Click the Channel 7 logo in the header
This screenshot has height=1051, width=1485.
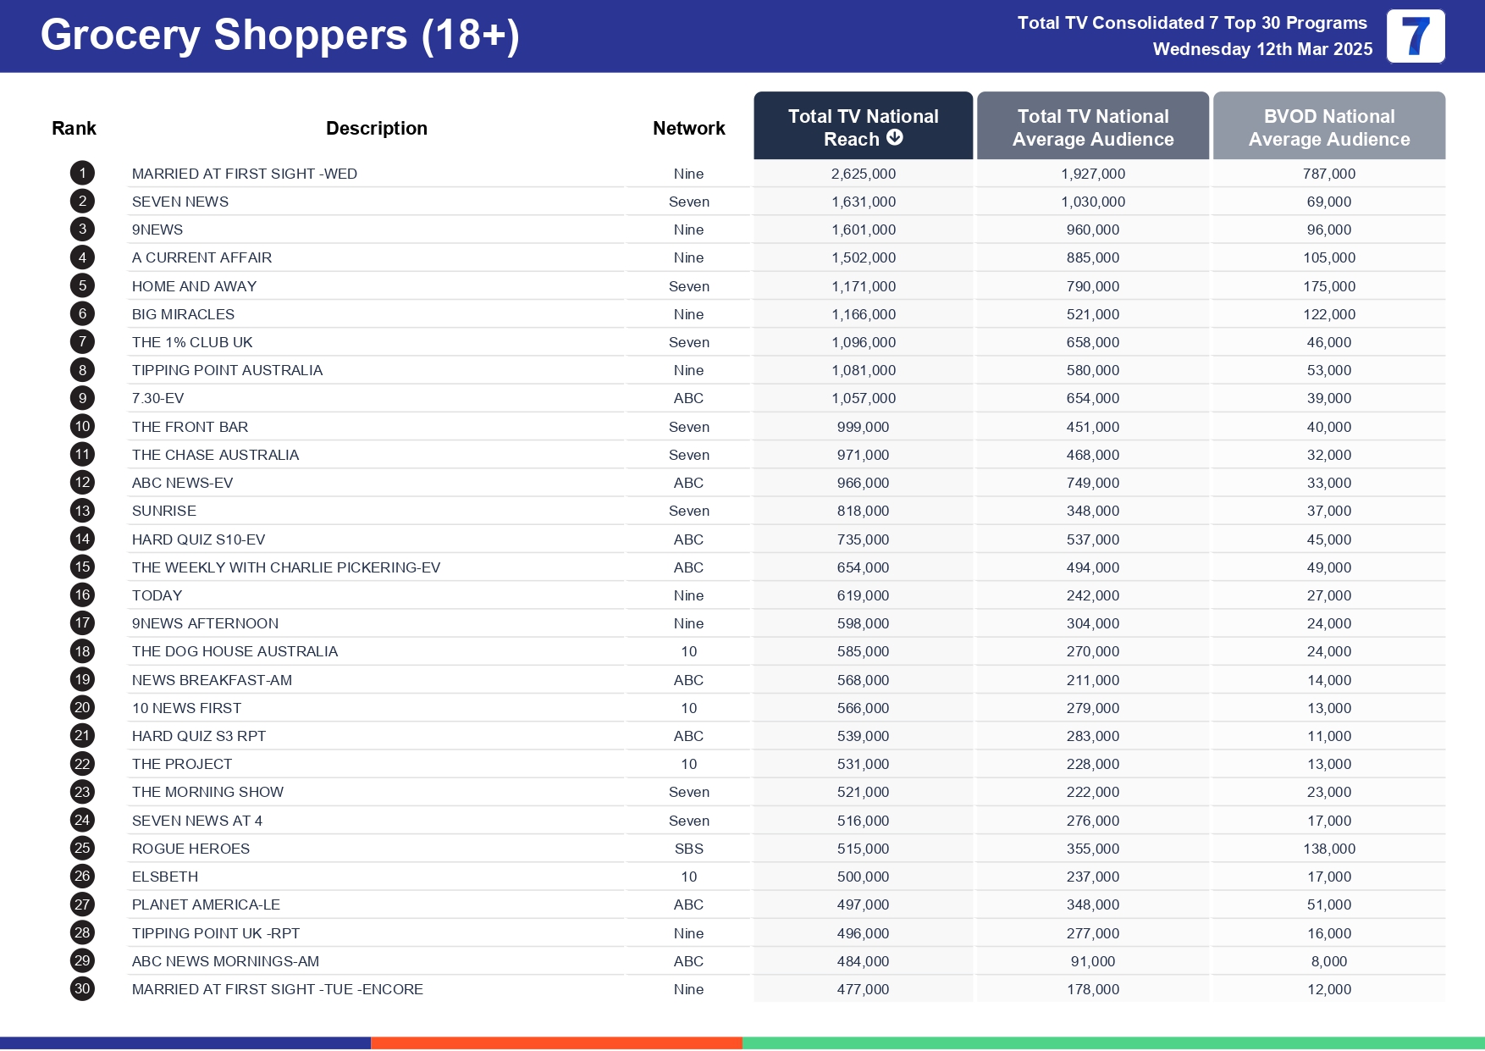pos(1415,36)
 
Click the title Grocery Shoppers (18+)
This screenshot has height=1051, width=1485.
pos(279,36)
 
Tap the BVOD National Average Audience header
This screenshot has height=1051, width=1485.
pos(1328,127)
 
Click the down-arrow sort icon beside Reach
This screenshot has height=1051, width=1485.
pos(895,138)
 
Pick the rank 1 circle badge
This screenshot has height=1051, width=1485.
pos(82,174)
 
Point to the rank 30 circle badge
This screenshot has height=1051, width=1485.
pos(82,988)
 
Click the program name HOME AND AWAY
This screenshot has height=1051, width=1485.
pos(194,286)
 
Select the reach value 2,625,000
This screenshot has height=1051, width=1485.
pos(863,174)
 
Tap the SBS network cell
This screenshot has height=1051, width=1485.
pos(688,849)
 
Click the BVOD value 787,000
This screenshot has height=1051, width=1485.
pos(1328,174)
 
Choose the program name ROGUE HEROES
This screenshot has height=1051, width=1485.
pos(190,849)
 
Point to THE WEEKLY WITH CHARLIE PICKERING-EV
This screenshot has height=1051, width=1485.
pos(285,567)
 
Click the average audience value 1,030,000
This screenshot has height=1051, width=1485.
pos(1092,202)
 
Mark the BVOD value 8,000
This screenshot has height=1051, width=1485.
pos(1328,961)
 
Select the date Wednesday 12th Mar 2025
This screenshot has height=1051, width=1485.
pos(1261,49)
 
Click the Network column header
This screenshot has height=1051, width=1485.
pos(688,128)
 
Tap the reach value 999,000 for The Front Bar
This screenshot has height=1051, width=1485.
pos(863,427)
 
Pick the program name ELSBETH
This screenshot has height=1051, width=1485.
pos(165,877)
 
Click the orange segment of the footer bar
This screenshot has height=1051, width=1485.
pos(556,1043)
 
